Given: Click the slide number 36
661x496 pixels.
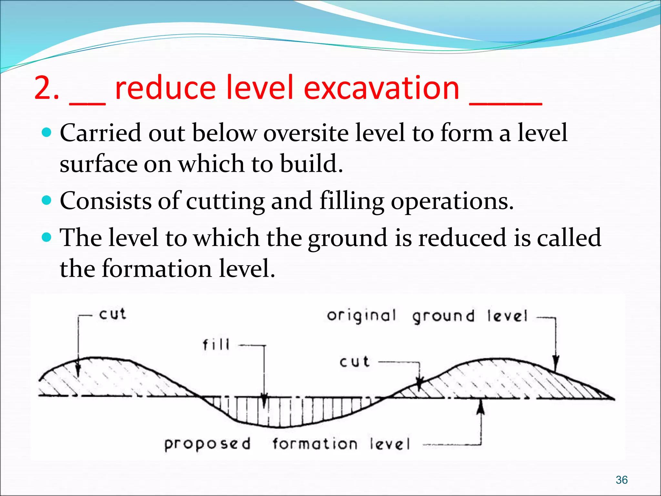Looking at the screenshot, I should coord(621,480).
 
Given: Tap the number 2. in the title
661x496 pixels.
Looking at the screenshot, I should coord(47,88).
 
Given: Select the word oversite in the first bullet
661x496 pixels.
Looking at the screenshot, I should coord(306,133).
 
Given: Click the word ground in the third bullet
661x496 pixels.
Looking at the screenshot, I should coord(347,238).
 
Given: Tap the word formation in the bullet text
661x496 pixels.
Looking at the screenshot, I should coord(157,269).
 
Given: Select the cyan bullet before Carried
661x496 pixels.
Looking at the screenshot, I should coord(47,132).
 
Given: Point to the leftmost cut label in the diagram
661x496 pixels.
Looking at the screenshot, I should coord(112,314).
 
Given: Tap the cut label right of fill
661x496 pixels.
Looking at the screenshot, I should coord(354,362).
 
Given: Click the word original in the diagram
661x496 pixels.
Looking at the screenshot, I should coord(361,316).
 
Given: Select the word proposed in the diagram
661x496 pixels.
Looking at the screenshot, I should coord(207,444).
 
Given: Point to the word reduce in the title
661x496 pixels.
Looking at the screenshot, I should coord(165,88).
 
